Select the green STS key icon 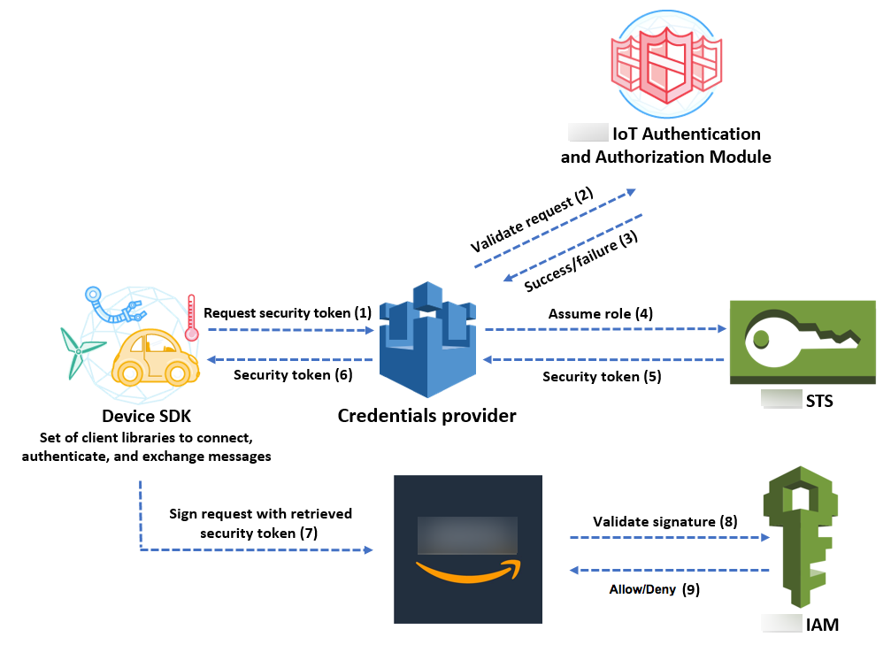802,342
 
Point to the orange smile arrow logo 467,572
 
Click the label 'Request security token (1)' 288,313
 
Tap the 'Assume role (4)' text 601,313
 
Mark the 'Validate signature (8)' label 664,522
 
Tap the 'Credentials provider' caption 426,415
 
